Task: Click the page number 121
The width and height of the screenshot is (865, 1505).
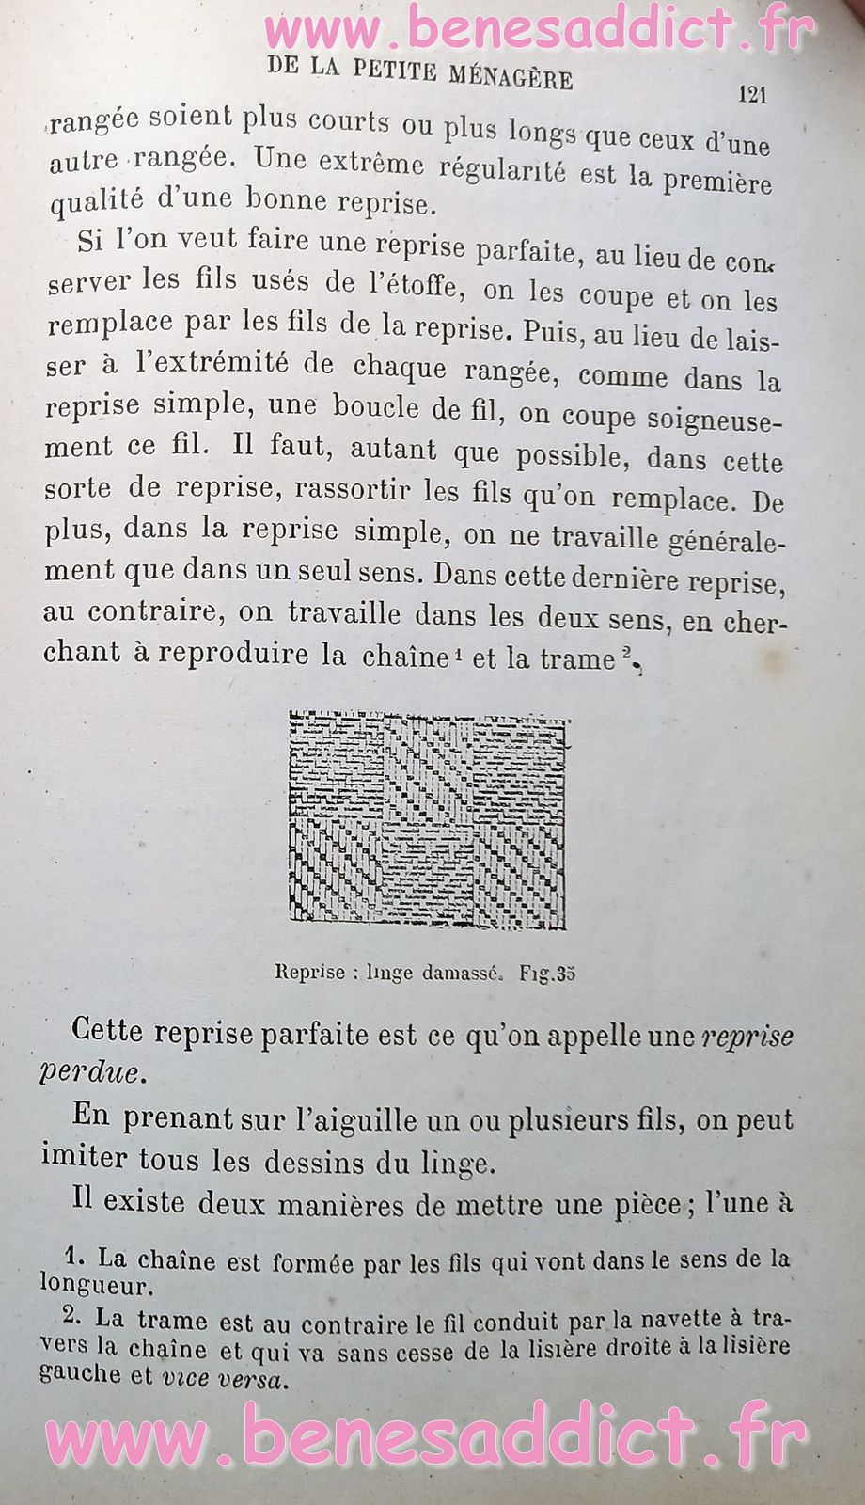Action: tap(753, 94)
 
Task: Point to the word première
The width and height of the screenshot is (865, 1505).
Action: tap(716, 181)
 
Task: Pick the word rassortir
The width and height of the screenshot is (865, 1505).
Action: tap(357, 489)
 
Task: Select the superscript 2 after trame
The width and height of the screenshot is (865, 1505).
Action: tap(625, 657)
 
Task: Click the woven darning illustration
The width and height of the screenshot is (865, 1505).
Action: tap(428, 821)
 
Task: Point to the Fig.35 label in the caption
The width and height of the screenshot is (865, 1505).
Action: tap(546, 974)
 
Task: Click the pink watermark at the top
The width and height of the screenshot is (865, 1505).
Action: tap(541, 30)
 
